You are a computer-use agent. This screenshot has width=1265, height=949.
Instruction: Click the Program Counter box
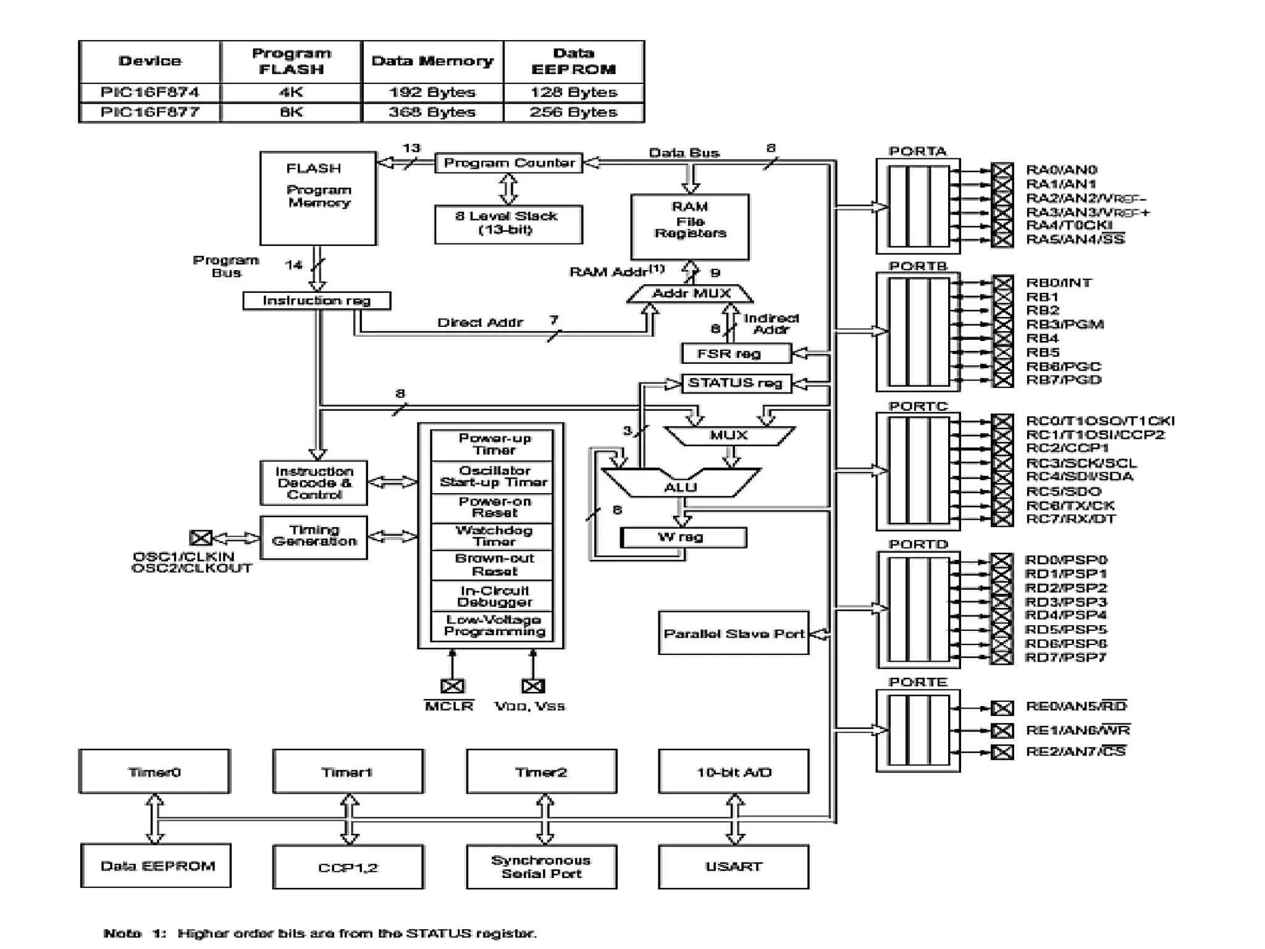tap(508, 163)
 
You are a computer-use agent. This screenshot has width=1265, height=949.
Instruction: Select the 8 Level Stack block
tap(508, 224)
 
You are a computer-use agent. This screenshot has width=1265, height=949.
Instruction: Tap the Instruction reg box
tap(316, 301)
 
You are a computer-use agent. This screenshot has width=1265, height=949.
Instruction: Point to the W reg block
tap(683, 537)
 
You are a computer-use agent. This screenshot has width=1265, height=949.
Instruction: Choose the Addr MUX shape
tap(691, 293)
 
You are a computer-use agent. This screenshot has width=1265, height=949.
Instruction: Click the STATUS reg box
tap(735, 383)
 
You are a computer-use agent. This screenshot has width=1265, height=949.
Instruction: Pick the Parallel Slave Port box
tap(733, 633)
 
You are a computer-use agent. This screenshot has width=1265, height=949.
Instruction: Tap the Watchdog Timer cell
tap(494, 536)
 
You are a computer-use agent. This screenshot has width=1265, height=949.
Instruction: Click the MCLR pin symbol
tap(452, 686)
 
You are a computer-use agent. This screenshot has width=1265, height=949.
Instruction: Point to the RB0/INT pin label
tap(1059, 283)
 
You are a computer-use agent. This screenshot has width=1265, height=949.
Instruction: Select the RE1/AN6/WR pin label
tap(1077, 730)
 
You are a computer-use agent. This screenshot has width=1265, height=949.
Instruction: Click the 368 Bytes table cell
tap(432, 112)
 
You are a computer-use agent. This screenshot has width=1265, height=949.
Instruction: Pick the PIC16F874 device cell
tap(149, 93)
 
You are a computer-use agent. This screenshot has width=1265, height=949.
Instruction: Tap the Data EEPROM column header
tap(573, 61)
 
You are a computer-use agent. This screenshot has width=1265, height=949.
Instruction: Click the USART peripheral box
tap(733, 866)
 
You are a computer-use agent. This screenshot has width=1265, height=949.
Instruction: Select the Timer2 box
tap(541, 772)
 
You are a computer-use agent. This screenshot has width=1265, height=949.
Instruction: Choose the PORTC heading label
tap(918, 406)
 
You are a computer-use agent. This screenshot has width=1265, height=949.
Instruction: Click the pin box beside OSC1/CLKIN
tap(201, 538)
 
